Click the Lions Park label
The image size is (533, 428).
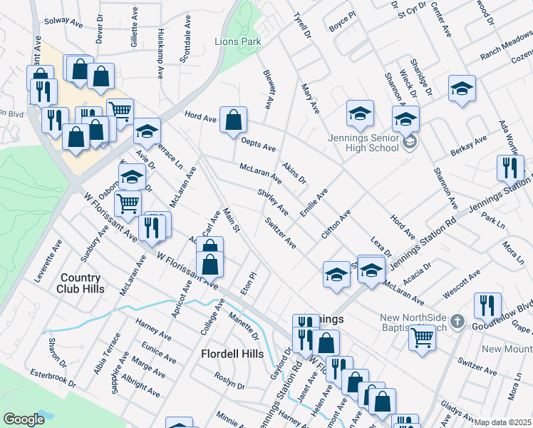click(237, 42)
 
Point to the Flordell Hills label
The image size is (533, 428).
click(232, 354)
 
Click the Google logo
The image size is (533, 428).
click(24, 419)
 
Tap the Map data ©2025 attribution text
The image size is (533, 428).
click(503, 422)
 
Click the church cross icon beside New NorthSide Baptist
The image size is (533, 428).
click(458, 322)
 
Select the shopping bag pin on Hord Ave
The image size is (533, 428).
click(233, 121)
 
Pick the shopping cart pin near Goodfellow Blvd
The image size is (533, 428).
click(422, 338)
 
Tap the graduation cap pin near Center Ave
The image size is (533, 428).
click(462, 88)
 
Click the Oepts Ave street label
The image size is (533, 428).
click(258, 145)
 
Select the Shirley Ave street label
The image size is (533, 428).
click(273, 201)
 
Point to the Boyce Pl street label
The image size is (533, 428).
click(342, 21)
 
